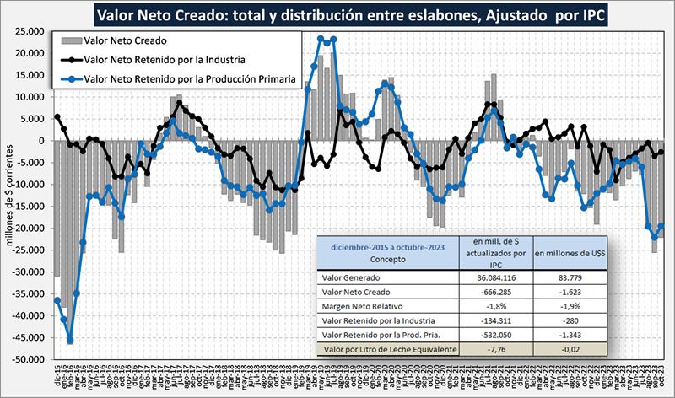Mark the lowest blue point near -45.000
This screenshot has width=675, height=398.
coord(70,341)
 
